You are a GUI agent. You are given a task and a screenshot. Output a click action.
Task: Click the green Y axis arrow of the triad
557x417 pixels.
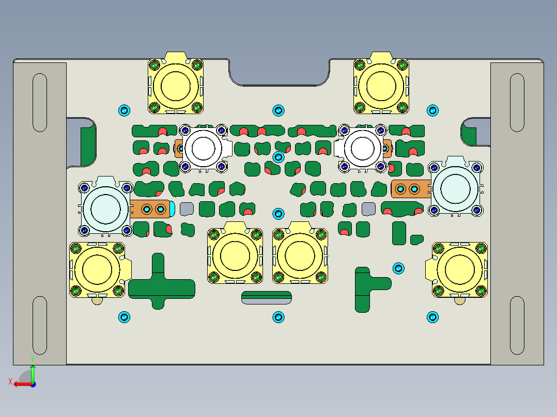33,373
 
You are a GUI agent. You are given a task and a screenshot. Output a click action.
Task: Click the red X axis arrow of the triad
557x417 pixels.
21,384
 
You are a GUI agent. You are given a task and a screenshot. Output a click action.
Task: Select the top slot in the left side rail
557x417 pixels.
40,102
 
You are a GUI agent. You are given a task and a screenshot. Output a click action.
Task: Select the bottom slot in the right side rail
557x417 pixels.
517,325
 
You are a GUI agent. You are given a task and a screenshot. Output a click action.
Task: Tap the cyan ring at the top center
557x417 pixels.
278,110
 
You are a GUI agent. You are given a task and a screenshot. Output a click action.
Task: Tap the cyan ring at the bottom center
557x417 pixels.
278,317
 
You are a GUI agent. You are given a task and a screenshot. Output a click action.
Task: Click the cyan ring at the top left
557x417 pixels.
124,110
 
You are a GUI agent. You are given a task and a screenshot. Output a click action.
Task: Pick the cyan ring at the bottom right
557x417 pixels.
432,317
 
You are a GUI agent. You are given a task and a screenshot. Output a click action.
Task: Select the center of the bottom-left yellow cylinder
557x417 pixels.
98,269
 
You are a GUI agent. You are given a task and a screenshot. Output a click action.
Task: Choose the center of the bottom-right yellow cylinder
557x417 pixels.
460,269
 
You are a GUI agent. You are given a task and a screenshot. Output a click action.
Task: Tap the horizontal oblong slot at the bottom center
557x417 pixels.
267,298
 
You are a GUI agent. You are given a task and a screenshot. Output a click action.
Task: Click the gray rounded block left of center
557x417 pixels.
187,209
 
